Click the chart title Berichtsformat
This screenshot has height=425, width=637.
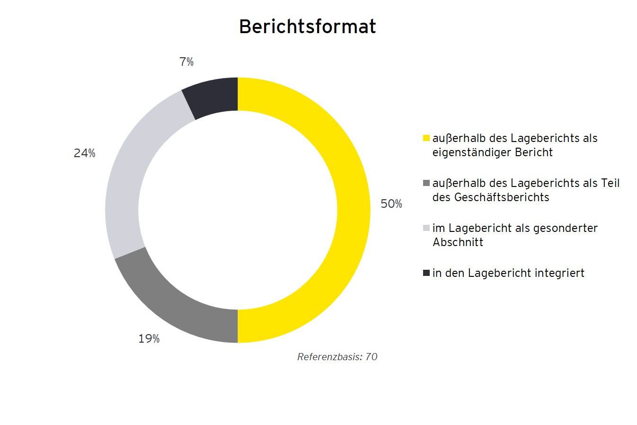(307, 27)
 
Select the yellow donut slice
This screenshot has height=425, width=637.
(353, 210)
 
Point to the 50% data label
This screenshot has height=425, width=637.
(391, 204)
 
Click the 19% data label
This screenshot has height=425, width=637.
(149, 339)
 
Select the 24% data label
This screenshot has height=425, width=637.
(84, 153)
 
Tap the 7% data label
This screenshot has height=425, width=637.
(186, 62)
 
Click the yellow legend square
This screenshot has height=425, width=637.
(426, 138)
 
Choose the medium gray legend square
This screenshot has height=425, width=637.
(426, 183)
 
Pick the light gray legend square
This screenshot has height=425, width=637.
(426, 228)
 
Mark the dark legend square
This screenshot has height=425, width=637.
(426, 273)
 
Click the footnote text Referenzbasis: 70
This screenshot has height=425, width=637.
(337, 357)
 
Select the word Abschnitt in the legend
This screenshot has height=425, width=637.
(458, 242)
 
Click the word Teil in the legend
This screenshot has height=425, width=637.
(610, 183)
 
